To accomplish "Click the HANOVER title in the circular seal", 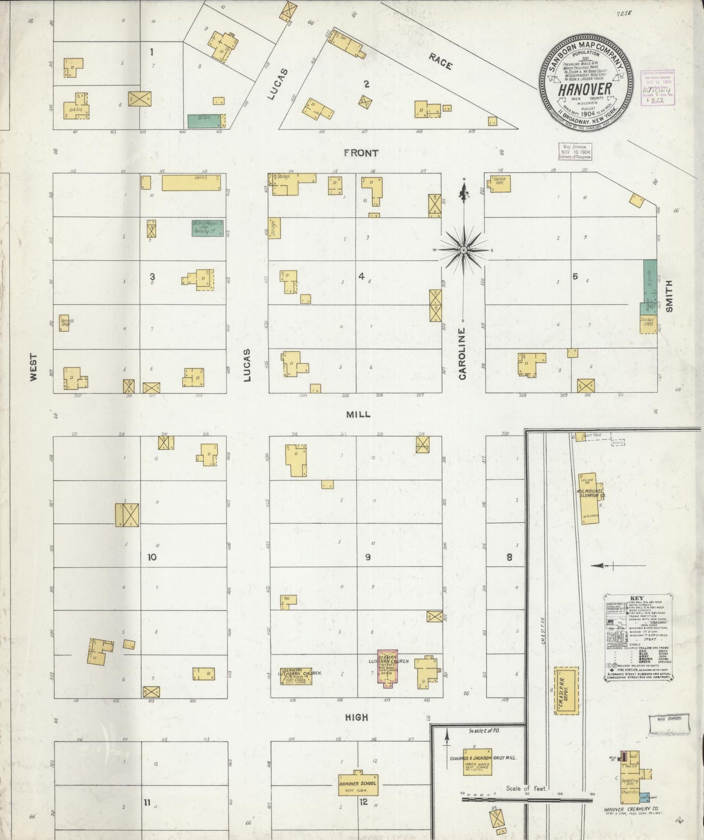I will coord(585,90).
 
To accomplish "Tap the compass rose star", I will coord(464,250).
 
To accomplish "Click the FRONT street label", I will coord(361,153).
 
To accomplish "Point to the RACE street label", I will coord(440,61).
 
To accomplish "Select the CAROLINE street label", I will coord(462,353).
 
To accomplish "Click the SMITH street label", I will coord(669,296).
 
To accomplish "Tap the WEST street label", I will coord(33,367).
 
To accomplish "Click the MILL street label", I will coord(358,414).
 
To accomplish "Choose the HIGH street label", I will coord(356,717).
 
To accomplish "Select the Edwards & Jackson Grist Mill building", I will coord(477,762).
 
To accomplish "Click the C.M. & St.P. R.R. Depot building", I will coord(566,691).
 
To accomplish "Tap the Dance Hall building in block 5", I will coord(500,183).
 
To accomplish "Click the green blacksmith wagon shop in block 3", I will coord(208,228).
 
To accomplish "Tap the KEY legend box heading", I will coord(637,598).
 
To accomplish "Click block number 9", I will coord(368,557).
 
